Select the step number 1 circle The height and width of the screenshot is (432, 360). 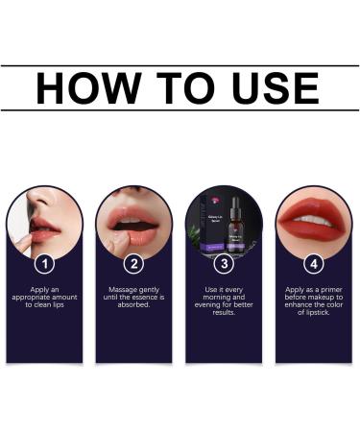point(44,262)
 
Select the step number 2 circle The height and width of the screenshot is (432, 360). point(134,262)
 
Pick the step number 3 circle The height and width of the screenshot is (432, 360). point(225,262)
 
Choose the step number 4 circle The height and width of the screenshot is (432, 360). point(314,262)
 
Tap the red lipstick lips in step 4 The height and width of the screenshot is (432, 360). point(314,224)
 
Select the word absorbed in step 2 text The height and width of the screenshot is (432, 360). point(134,306)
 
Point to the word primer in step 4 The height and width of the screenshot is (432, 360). point(322,288)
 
